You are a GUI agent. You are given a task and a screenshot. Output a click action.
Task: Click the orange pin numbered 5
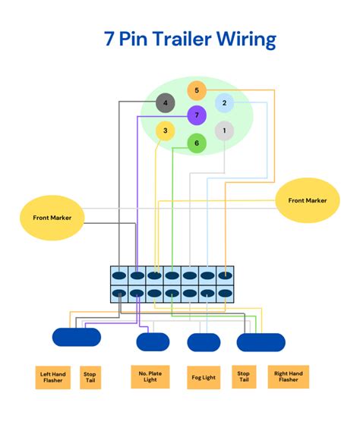[x=196, y=91]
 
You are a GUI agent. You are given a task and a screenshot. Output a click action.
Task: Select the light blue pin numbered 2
[x=223, y=103]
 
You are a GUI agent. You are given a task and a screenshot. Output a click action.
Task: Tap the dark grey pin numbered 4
[x=165, y=103]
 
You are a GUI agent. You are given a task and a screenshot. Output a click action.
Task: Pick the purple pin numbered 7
[x=197, y=115]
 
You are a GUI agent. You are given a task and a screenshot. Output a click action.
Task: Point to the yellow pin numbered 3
[x=165, y=131]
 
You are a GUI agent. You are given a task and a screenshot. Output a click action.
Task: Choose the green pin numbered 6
[x=197, y=143]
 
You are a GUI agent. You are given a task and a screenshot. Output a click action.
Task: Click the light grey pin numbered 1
[x=223, y=131]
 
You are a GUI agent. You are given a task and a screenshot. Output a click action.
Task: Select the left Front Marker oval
[x=52, y=217]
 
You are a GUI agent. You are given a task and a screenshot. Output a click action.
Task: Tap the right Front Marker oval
[x=307, y=200]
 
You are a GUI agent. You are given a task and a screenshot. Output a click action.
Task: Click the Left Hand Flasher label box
[x=54, y=377]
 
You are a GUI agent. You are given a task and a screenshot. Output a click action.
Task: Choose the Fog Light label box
[x=204, y=377]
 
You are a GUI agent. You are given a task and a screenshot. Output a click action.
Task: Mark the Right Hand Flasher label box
[x=288, y=377]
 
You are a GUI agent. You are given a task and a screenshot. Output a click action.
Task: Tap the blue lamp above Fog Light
[x=204, y=343]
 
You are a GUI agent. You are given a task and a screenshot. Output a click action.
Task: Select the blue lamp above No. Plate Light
[x=153, y=341]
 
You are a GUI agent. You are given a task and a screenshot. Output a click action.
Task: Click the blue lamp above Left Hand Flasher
[x=76, y=337]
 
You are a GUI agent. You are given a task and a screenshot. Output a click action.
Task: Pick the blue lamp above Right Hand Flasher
[x=261, y=343]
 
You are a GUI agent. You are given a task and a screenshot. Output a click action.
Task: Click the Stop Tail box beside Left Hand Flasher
[x=90, y=377]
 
